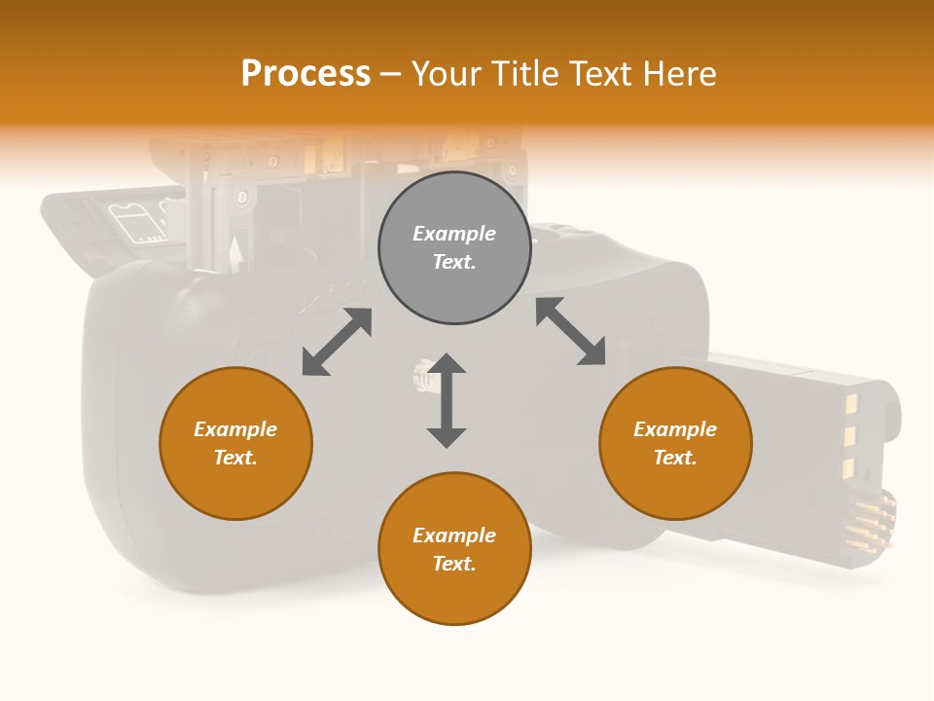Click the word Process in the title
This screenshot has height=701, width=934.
pos(305,74)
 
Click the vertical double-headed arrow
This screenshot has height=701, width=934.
pos(447,400)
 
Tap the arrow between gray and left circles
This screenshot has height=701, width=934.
pos(337,342)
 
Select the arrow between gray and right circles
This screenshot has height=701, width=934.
pos(571,331)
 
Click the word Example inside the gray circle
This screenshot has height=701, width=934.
pos(454,234)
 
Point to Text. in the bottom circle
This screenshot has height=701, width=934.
pos(454,564)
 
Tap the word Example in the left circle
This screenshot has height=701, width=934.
pos(235,429)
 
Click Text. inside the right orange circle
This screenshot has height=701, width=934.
pos(675,458)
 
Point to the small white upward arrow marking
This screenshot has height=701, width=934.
pos(234,252)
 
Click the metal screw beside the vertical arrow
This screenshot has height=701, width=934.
pos(421,375)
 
